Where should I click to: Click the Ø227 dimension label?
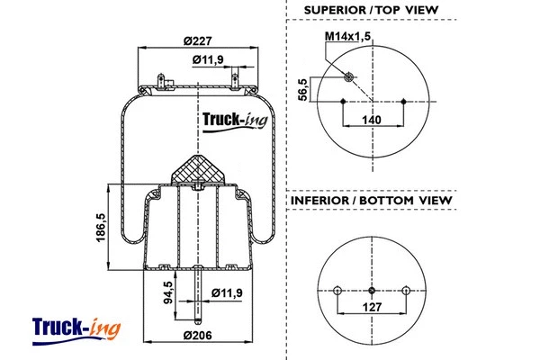[x=196, y=39]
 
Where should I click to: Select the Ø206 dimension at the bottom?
[x=196, y=335]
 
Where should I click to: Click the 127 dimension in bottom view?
[x=372, y=306]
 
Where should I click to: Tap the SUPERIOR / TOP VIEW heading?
[x=370, y=10]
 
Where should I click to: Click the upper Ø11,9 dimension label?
[x=209, y=60]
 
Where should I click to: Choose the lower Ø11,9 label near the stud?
[x=226, y=292]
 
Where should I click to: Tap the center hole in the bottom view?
[x=372, y=290]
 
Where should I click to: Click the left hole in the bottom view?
[x=337, y=290]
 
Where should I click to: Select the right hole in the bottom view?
[x=407, y=290]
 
